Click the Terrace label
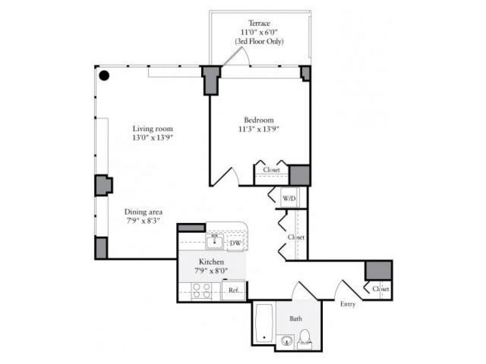click(259, 23)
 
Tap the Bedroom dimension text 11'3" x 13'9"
click(259, 129)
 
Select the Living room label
click(153, 129)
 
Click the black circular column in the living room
click(104, 75)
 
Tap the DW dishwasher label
click(235, 243)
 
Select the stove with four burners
click(201, 290)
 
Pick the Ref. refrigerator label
click(234, 290)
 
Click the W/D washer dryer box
click(288, 198)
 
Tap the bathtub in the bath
click(265, 323)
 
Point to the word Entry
click(347, 305)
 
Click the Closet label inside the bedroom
click(271, 170)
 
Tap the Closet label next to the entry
click(381, 289)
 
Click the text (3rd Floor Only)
click(259, 41)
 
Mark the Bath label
click(296, 319)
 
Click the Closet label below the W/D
click(296, 237)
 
